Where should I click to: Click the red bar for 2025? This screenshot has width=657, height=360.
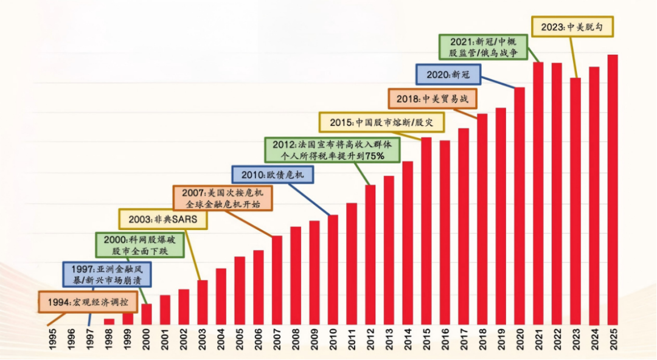pyautogui.click(x=613, y=189)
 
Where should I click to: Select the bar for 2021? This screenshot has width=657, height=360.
pyautogui.click(x=538, y=192)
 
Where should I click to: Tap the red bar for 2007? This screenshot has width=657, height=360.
pyautogui.click(x=277, y=280)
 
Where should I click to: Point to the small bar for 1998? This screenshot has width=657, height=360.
pyautogui.click(x=109, y=321)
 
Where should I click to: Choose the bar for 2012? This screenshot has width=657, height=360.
pyautogui.click(x=370, y=254)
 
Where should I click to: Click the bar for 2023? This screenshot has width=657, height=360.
pyautogui.click(x=575, y=201)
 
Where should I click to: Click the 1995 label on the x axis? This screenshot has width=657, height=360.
pyautogui.click(x=53, y=340)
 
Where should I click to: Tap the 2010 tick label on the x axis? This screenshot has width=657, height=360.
pyautogui.click(x=333, y=340)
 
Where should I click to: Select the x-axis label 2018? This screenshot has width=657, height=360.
pyautogui.click(x=482, y=340)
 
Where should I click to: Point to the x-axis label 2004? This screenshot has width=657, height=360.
pyautogui.click(x=221, y=340)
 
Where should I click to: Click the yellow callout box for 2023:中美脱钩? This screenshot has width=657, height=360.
pyautogui.click(x=572, y=27)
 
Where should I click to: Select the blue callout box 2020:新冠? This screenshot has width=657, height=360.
pyautogui.click(x=448, y=74)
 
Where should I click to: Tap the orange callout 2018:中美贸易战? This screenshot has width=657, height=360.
pyautogui.click(x=432, y=98)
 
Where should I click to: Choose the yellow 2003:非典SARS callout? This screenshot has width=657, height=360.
pyautogui.click(x=162, y=219)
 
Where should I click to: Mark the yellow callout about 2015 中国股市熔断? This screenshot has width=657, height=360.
pyautogui.click(x=381, y=122)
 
